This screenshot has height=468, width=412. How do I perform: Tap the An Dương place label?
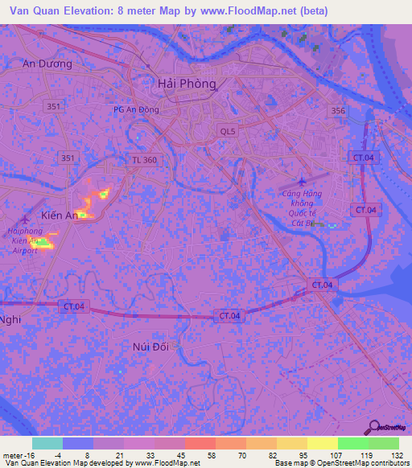click(47, 64)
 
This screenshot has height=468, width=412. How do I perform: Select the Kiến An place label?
click(60, 216)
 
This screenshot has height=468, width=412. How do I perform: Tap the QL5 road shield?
click(229, 130)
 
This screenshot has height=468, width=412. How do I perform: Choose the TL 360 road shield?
click(145, 161)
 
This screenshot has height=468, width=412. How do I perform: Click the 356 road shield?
click(339, 111)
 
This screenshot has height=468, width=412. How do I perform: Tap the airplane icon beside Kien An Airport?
click(25, 218)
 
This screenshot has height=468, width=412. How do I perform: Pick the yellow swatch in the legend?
click(323, 443)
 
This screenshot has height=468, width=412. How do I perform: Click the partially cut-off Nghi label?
click(10, 318)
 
